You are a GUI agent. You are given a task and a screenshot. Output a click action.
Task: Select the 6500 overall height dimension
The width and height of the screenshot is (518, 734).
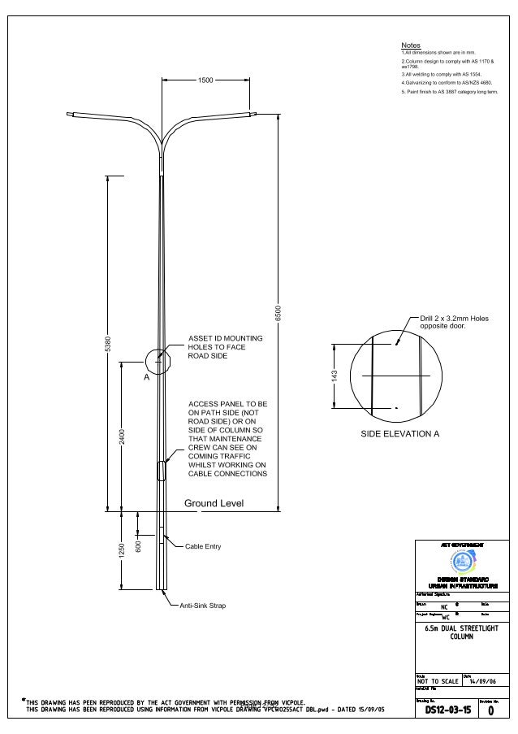(278, 313)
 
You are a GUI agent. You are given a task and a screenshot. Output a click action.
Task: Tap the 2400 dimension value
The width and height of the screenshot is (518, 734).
(122, 436)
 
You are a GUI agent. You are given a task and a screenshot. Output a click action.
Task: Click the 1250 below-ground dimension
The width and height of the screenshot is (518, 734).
(122, 550)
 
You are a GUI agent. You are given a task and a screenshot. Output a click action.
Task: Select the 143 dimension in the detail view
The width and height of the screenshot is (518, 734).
(334, 376)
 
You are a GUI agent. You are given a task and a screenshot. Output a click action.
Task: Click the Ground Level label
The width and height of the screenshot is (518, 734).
(214, 504)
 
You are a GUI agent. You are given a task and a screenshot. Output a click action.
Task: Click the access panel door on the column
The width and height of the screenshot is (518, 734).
(161, 471)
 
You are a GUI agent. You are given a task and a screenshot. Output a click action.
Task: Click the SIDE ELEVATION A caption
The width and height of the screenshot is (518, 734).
(399, 434)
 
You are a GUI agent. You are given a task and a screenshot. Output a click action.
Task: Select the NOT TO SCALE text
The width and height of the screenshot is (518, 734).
(437, 680)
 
